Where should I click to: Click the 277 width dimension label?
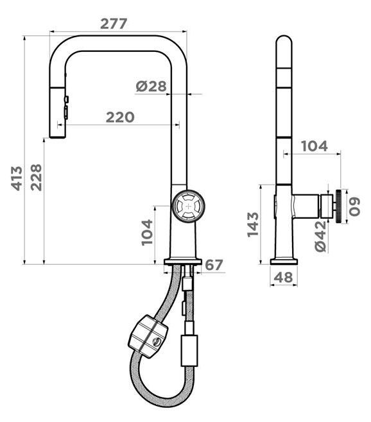(114, 24)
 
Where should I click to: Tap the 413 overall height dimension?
(17, 178)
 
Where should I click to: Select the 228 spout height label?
(36, 177)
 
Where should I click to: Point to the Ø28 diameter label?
(151, 87)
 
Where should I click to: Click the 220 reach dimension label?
(120, 117)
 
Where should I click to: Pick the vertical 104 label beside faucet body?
(147, 232)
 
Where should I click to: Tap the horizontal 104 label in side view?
(314, 146)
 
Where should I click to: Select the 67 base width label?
(214, 265)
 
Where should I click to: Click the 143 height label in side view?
(253, 224)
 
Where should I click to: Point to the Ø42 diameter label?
(320, 236)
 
